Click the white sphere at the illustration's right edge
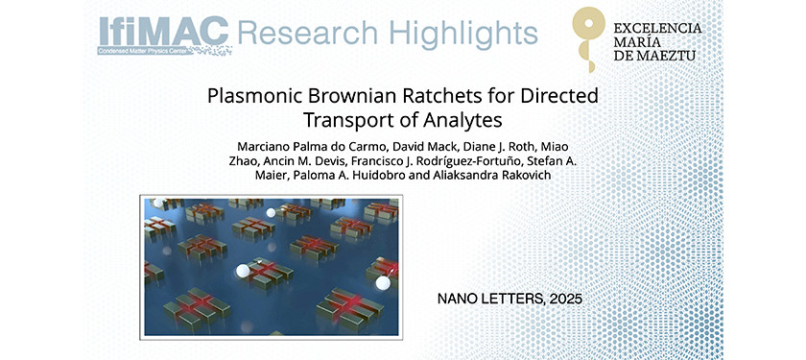pos(384,282)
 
